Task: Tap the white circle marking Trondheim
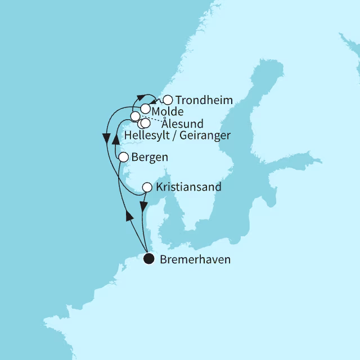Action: (167, 100)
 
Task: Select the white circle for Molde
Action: (146, 109)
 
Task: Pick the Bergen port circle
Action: (123, 157)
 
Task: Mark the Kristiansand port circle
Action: (147, 187)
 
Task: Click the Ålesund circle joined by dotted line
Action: (135, 116)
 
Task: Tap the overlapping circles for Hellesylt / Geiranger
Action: (145, 123)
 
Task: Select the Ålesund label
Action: (182, 124)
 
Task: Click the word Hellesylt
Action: (134, 135)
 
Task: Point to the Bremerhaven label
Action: (195, 260)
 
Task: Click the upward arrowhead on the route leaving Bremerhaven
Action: (129, 215)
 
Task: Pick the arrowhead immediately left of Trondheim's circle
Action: (154, 102)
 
